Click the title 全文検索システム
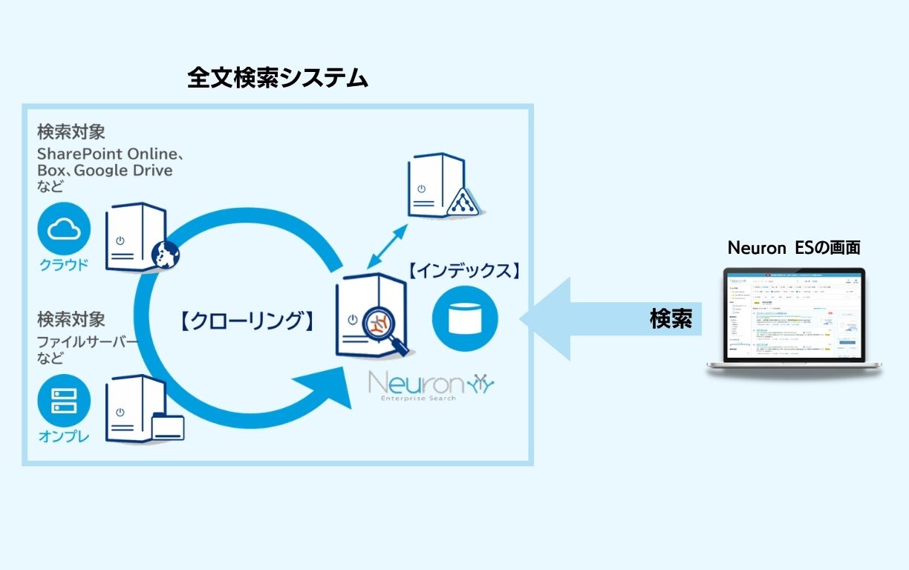tap(278, 78)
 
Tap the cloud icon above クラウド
tap(64, 229)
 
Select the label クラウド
tap(64, 265)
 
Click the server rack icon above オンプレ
tap(64, 401)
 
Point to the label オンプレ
tap(64, 436)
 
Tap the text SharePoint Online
tap(105, 154)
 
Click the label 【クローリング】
tap(244, 321)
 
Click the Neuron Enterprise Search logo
tap(431, 386)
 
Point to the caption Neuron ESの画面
tap(794, 248)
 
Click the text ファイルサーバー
tap(88, 342)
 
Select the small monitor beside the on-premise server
tap(167, 428)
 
